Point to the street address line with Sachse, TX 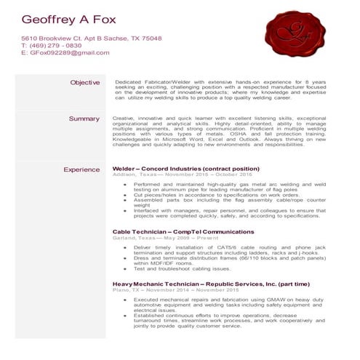tap(91, 38)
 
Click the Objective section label tap(84, 82)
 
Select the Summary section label tap(84, 118)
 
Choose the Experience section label tap(81, 169)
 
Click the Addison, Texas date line tap(182, 175)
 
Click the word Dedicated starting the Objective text tap(130, 82)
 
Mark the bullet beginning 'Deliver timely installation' tap(218, 247)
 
